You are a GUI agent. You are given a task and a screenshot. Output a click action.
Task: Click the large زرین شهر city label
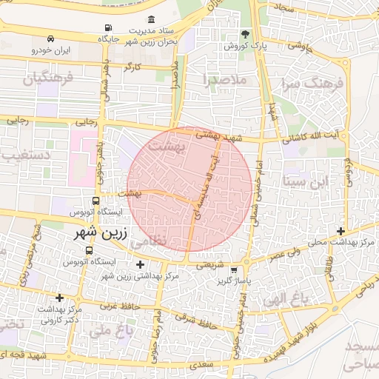pos(101,232)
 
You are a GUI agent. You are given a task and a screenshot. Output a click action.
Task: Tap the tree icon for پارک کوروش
pos(245,35)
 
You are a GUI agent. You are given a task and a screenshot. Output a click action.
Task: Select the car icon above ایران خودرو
pos(50,38)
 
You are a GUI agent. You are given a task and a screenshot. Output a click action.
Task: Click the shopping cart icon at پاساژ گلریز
pos(234,270)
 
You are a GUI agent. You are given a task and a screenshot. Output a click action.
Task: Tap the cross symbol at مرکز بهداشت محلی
pos(340,231)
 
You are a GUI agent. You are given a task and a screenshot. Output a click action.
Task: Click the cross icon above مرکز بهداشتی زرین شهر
pos(141,264)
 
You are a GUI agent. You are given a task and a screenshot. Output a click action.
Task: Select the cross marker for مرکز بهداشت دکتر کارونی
pos(59,298)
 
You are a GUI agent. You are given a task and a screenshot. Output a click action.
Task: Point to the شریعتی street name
pos(209,262)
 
